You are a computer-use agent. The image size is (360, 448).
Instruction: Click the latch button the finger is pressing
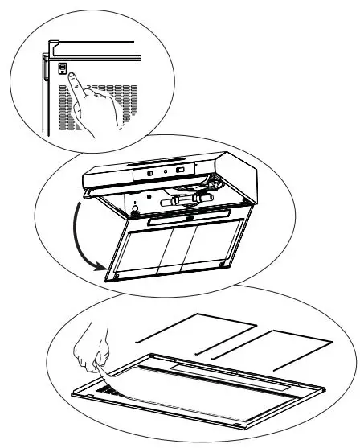tap(62, 70)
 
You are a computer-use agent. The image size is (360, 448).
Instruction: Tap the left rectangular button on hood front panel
tap(150, 171)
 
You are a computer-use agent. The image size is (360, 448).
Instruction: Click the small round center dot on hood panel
tap(166, 171)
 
